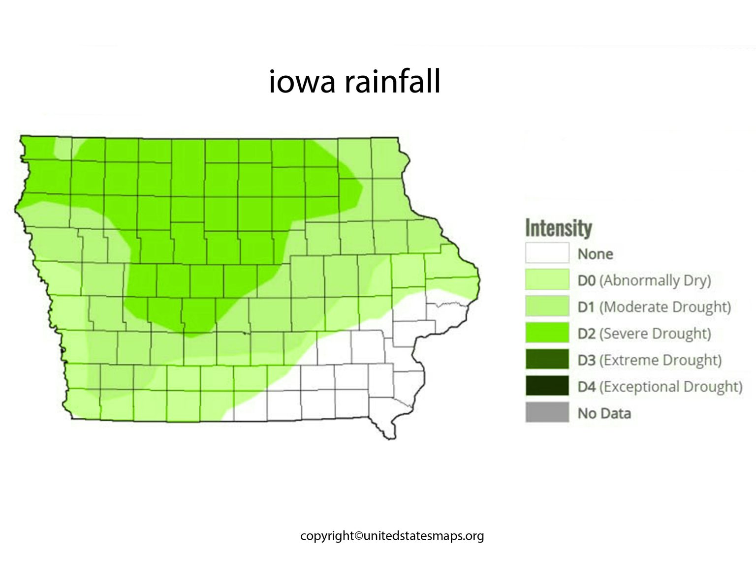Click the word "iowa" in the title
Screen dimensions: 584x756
301,82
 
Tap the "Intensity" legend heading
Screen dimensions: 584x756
558,228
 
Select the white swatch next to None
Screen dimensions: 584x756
547,253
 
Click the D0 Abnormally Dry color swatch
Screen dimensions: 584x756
547,280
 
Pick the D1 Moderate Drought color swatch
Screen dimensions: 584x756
547,307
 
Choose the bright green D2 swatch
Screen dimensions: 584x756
547,333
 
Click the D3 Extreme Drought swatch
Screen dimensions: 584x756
547,360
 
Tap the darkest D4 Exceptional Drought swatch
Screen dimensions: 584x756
547,386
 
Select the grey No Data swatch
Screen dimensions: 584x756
547,413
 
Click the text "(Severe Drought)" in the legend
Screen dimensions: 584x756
655,334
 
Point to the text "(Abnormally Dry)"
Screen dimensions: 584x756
655,280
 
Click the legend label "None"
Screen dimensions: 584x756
595,254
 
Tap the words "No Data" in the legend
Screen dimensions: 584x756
604,413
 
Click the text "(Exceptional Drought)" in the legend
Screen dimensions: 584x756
670,387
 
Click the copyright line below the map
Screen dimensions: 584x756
392,535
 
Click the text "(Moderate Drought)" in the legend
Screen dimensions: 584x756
665,307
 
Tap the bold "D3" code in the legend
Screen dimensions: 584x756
586,360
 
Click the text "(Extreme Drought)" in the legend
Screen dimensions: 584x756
660,360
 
